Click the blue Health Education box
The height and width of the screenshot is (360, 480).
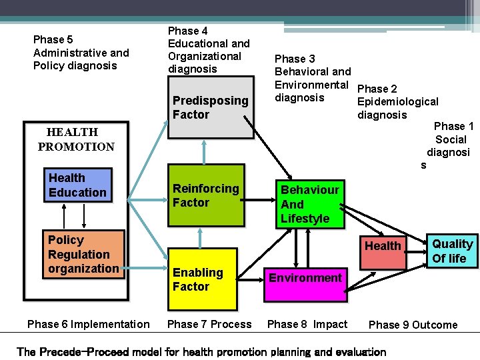tap(77, 185)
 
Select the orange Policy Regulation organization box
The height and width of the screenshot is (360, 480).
tap(83, 254)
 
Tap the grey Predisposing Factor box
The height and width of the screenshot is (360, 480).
tap(209, 107)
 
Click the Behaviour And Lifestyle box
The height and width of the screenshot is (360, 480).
tap(309, 204)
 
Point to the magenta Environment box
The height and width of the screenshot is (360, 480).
tap(305, 277)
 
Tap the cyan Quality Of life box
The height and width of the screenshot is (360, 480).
tap(452, 251)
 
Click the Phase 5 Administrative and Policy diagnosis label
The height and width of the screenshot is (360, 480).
tap(81, 53)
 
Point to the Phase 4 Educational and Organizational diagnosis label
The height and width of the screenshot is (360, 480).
tap(209, 50)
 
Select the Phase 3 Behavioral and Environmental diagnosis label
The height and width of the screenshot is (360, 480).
tap(312, 78)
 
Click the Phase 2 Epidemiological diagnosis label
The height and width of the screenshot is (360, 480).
tap(397, 101)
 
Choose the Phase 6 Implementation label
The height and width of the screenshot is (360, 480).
tap(88, 324)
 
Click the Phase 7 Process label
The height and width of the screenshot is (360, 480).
tap(209, 324)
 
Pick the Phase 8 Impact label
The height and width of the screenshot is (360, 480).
tap(307, 324)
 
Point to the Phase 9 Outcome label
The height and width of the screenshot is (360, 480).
tap(413, 325)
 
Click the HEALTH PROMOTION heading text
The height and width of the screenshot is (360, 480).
tap(76, 139)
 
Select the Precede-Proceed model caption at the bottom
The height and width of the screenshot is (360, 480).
tap(201, 351)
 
